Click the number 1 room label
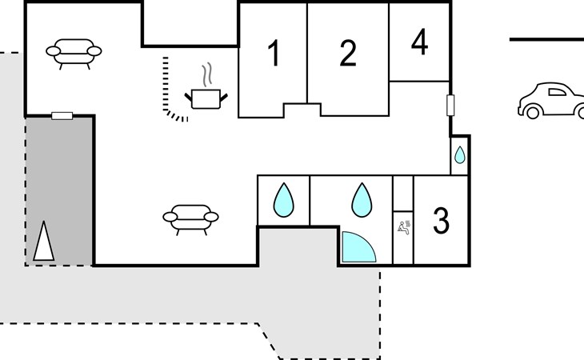[x=274, y=54]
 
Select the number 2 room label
[x=348, y=54]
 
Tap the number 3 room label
[x=442, y=221]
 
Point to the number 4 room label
[x=419, y=42]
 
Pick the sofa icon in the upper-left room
[x=74, y=54]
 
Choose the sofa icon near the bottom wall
[x=190, y=220]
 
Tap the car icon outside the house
[x=551, y=101]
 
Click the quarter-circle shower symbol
[x=358, y=247]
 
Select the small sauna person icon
[x=404, y=227]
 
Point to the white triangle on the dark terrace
[x=43, y=241]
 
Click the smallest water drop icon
[x=460, y=155]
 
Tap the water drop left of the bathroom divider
[x=283, y=200]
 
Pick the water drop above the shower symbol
[x=362, y=200]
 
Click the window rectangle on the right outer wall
[x=450, y=105]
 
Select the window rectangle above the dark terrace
[x=62, y=116]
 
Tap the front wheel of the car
[x=533, y=112]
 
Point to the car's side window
[x=557, y=92]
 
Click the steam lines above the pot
[x=207, y=74]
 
